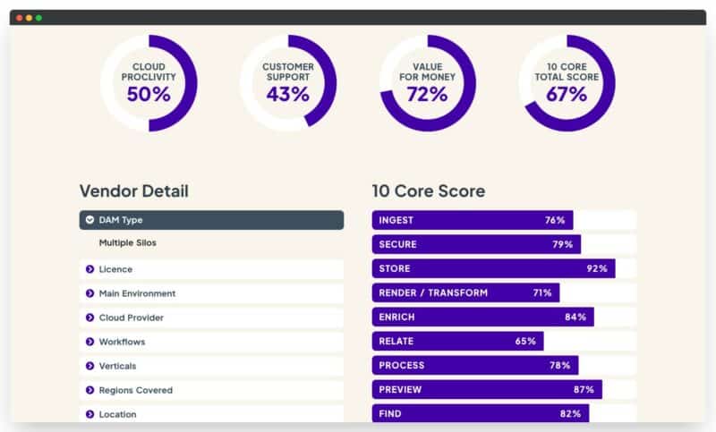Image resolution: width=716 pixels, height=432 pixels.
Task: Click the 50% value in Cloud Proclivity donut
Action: (x=149, y=94)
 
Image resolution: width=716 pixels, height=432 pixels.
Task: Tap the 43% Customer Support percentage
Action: (x=288, y=94)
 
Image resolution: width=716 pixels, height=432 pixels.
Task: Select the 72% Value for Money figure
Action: (x=428, y=94)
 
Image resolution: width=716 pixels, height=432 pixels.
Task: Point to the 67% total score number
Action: (x=567, y=94)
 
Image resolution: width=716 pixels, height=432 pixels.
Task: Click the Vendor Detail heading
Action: (x=133, y=191)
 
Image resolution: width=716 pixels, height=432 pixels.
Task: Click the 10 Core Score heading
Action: (x=428, y=191)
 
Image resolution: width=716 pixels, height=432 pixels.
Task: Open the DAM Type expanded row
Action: (x=211, y=220)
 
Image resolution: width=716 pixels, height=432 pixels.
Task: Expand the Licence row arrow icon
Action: (x=89, y=269)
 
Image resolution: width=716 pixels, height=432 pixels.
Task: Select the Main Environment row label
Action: (x=137, y=293)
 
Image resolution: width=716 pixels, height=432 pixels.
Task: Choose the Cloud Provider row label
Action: (x=131, y=318)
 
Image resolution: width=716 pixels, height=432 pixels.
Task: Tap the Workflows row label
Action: (x=122, y=342)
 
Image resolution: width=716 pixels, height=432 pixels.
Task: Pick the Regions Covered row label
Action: (x=135, y=390)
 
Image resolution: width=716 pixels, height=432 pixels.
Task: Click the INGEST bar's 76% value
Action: (x=555, y=220)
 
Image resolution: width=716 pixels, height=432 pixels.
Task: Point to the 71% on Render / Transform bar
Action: (x=542, y=292)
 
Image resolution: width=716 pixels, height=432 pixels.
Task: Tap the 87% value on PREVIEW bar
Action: (x=584, y=389)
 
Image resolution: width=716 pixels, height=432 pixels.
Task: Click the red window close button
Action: (x=20, y=18)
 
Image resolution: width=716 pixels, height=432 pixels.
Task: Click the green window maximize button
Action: (x=38, y=18)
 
